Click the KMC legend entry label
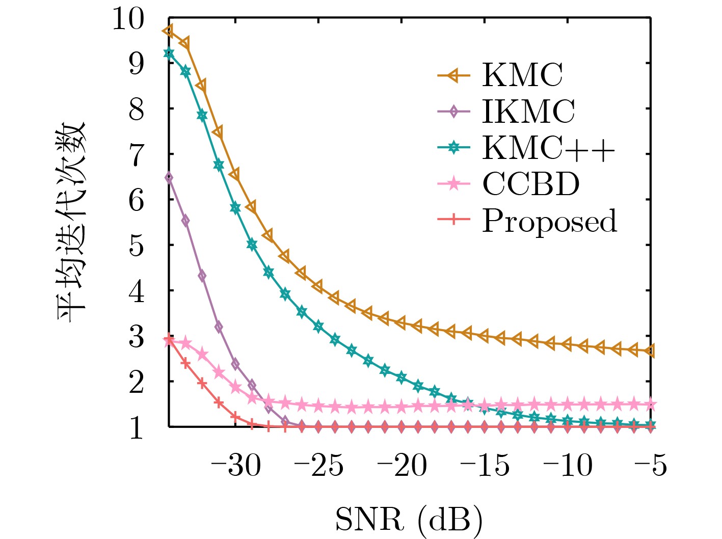[x=522, y=75]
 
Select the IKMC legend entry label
[x=528, y=112]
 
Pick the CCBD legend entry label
[x=531, y=184]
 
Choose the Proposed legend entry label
[x=549, y=221]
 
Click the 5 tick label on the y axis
[x=136, y=246]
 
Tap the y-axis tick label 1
[x=136, y=428]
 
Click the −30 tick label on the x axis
[x=236, y=465]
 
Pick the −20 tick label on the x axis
[x=402, y=465]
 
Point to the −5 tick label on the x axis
[x=651, y=465]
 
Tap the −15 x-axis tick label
[x=485, y=465]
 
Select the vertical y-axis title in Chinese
[x=71, y=223]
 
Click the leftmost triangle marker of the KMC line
[x=168, y=31]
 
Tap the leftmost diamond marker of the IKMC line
[x=169, y=177]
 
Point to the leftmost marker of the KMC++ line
[x=169, y=53]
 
